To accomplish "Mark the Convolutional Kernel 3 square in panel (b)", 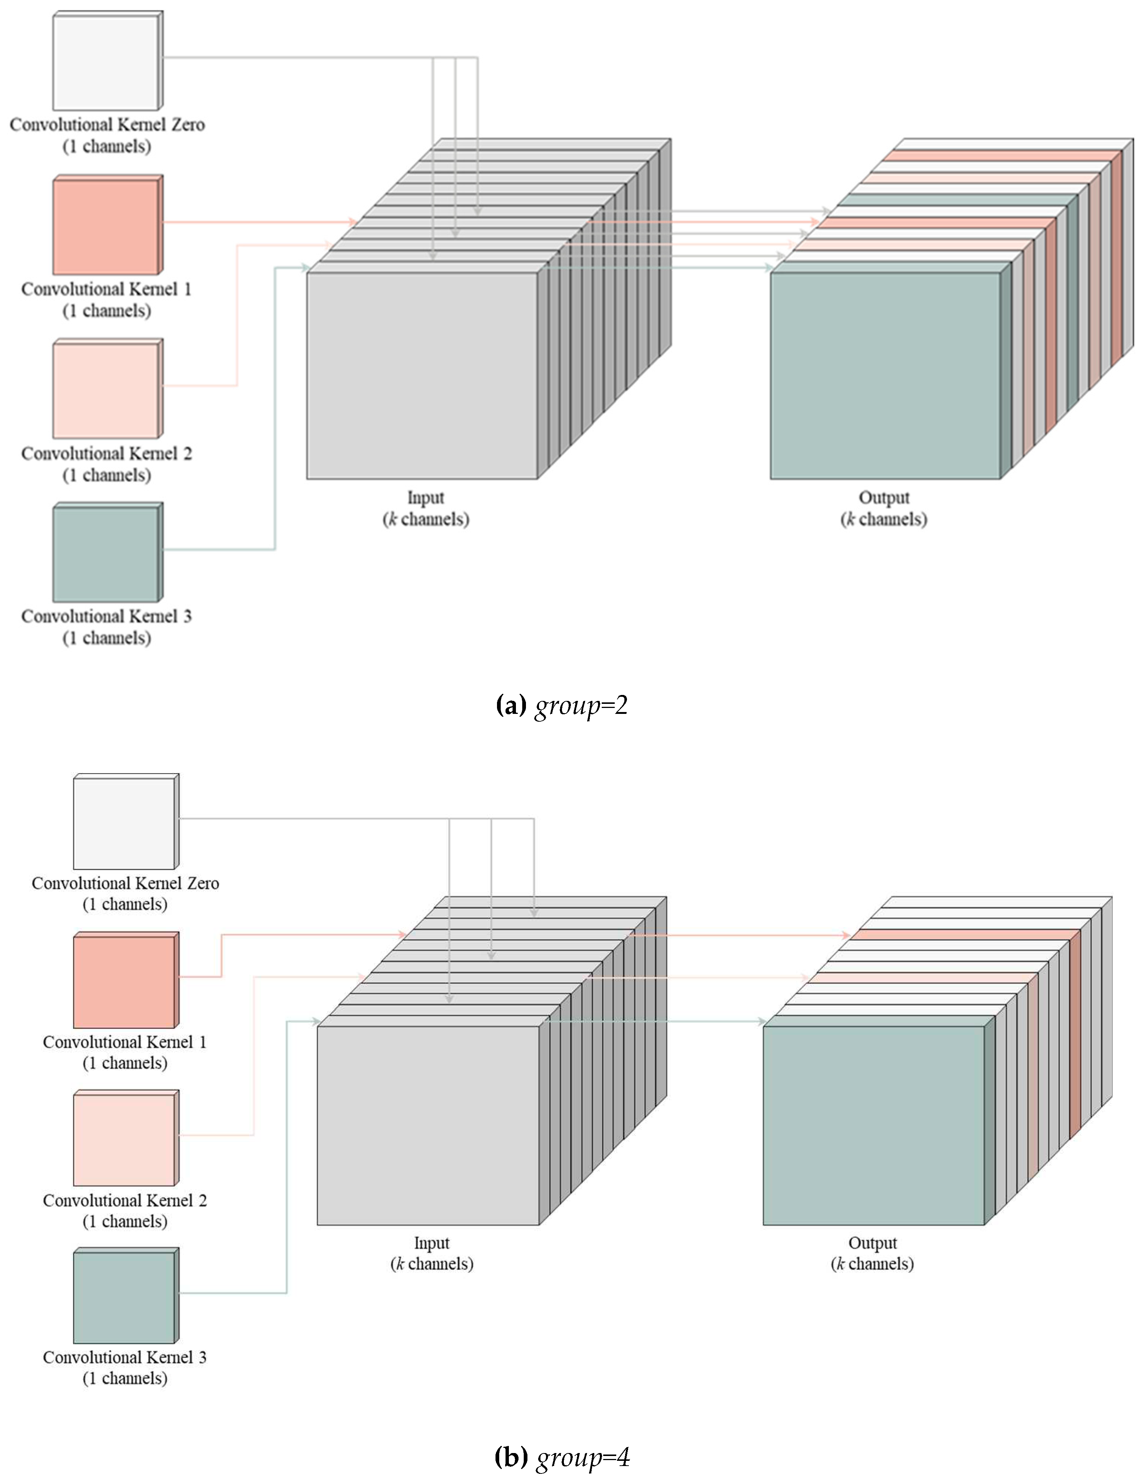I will [124, 1297].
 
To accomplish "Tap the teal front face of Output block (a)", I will [884, 375].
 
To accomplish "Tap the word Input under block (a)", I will [426, 497].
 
